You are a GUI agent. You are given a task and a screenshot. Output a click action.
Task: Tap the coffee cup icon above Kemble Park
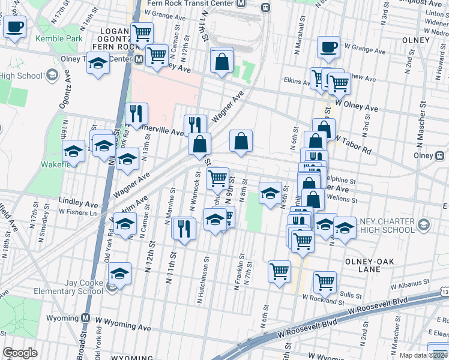(x=15, y=27)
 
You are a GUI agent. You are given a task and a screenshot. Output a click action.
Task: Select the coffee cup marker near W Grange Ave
(x=328, y=47)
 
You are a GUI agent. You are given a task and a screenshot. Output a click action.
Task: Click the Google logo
(x=20, y=352)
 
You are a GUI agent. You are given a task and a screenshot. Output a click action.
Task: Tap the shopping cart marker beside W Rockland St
(x=325, y=281)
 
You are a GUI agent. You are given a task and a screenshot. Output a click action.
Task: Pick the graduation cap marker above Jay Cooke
(x=120, y=274)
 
